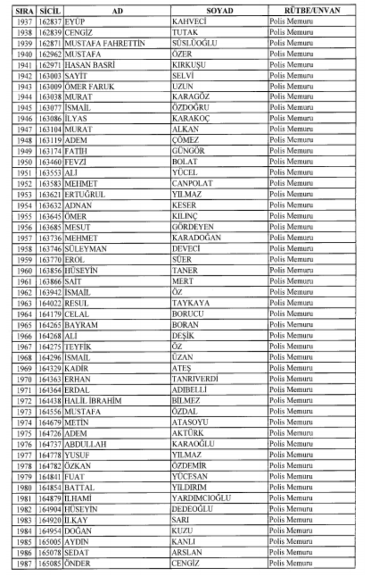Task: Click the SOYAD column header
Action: (x=220, y=10)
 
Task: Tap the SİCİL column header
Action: (x=50, y=10)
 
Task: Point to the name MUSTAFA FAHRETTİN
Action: (x=105, y=43)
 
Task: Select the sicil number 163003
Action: (x=50, y=75)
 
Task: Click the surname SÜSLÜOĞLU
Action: (x=194, y=43)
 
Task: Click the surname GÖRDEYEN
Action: (x=193, y=227)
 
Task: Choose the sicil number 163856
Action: (x=50, y=270)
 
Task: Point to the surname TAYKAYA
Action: (x=191, y=303)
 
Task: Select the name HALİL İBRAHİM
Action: (x=93, y=400)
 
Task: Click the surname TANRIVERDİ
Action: (x=195, y=379)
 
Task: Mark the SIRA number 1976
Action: (x=24, y=444)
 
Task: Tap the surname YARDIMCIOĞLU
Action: (x=201, y=498)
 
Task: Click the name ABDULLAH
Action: (x=86, y=444)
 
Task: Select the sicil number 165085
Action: (x=50, y=563)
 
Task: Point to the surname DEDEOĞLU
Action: (x=192, y=509)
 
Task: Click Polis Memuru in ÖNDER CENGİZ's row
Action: (x=291, y=563)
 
